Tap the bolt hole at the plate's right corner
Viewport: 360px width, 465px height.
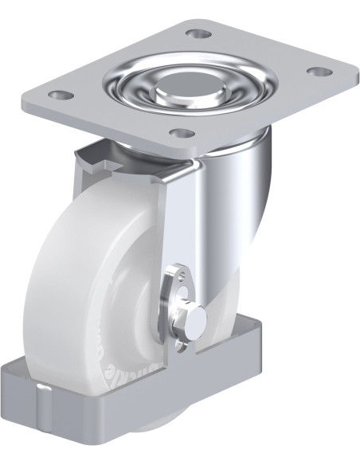pos(319,72)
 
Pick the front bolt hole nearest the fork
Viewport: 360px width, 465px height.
pos(182,133)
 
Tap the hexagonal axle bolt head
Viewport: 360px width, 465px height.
pos(194,317)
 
